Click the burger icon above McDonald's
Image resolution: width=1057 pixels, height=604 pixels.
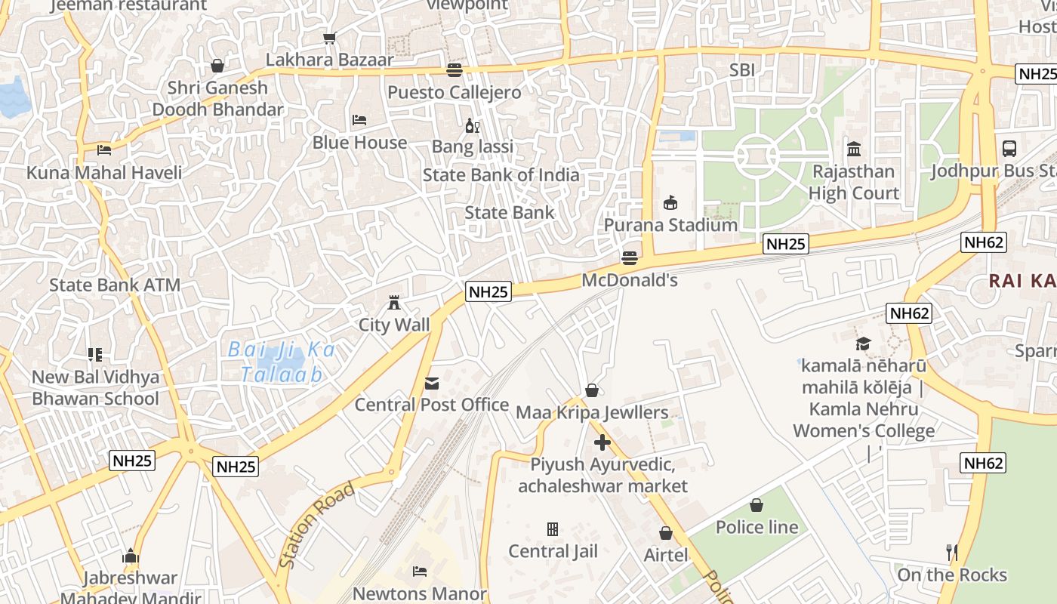(630, 258)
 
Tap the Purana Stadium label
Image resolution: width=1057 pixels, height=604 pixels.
(670, 225)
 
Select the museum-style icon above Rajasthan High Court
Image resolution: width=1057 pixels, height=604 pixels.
(854, 149)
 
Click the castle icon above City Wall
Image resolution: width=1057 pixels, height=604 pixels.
(393, 303)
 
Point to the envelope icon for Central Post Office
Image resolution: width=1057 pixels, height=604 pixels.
(431, 384)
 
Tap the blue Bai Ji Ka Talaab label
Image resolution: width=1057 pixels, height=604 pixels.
(281, 362)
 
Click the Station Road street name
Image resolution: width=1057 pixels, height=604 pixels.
(316, 525)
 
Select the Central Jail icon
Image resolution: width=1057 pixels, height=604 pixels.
(553, 529)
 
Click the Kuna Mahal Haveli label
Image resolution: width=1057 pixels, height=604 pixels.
(104, 173)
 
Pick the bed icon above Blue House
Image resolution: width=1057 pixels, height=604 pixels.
(359, 120)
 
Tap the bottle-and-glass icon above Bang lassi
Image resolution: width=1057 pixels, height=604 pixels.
(472, 125)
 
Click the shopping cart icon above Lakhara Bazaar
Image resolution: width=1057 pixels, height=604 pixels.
(329, 38)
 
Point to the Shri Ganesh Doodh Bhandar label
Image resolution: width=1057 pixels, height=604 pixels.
(217, 98)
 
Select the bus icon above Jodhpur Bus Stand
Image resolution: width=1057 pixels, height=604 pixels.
(1009, 149)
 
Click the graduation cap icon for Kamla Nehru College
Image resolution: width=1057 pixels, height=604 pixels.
(863, 344)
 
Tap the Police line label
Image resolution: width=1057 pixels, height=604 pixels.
(757, 527)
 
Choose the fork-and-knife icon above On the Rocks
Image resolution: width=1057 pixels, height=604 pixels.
(951, 553)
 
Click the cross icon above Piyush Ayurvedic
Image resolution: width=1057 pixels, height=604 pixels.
(602, 442)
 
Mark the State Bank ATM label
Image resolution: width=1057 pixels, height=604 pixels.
(115, 285)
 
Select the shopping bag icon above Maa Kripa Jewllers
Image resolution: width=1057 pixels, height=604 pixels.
(592, 390)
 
